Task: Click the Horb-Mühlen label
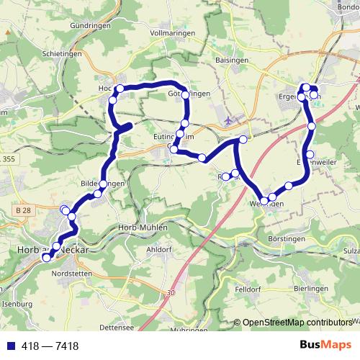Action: click(x=141, y=228)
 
